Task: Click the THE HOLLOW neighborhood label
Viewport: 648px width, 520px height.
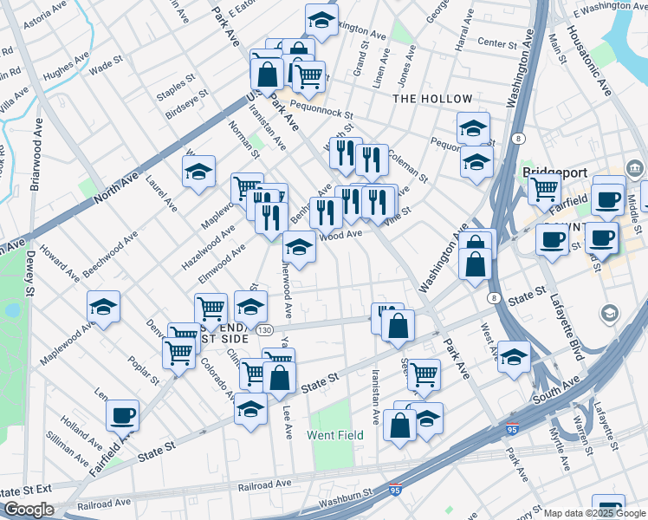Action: (x=432, y=99)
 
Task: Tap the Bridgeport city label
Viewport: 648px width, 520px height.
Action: (x=555, y=172)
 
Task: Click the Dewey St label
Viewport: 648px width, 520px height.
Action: (x=29, y=275)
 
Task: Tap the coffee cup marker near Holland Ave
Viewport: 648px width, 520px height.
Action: (x=123, y=413)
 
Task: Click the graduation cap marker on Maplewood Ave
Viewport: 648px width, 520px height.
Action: (x=103, y=306)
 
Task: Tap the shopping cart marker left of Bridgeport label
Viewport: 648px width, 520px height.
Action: (x=544, y=187)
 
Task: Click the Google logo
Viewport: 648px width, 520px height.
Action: (x=29, y=510)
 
